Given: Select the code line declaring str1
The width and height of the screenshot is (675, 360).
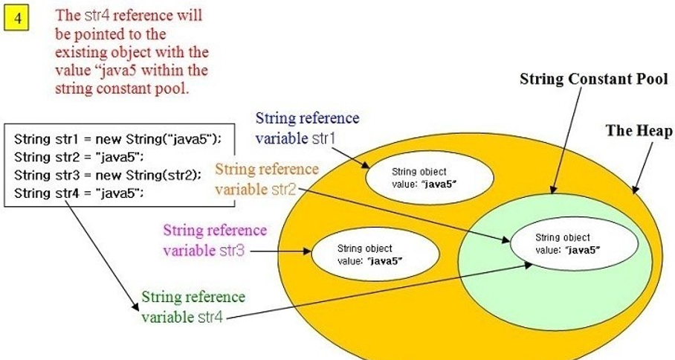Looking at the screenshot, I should click(x=117, y=139).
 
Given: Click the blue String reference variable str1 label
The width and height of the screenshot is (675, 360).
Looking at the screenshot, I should click(x=307, y=129).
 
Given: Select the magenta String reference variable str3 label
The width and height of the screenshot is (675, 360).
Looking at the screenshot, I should click(x=215, y=240).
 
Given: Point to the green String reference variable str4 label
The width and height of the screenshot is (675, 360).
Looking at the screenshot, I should click(x=193, y=307).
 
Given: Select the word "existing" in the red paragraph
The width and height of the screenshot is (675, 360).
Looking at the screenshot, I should click(x=80, y=53).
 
